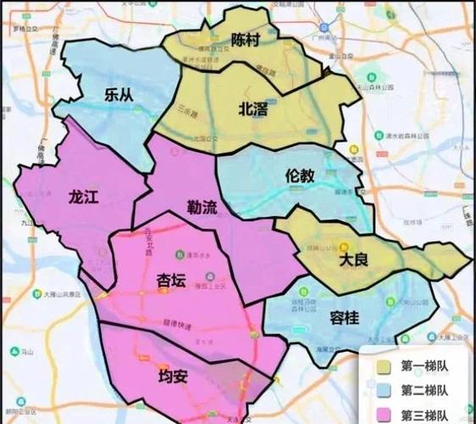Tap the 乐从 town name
[119, 95]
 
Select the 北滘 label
[257, 108]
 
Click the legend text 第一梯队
[424, 367]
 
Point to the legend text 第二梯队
[424, 391]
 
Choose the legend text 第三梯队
[424, 415]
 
